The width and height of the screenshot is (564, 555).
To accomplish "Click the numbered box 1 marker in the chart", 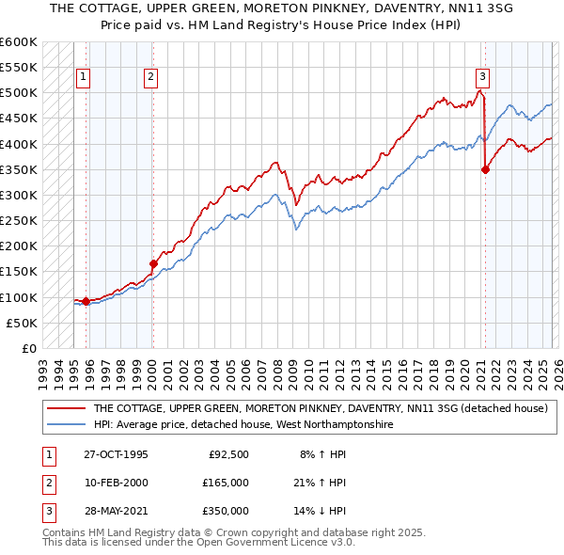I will click(84, 78).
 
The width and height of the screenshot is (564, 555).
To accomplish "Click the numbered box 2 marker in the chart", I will click(150, 78).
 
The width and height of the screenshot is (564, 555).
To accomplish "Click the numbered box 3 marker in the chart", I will click(482, 78).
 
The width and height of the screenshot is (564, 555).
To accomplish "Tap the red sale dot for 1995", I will click(86, 301).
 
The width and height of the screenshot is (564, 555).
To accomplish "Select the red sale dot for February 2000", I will click(152, 264).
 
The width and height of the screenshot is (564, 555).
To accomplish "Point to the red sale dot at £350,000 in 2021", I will click(486, 170).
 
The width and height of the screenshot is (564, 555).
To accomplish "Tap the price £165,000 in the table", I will click(226, 483).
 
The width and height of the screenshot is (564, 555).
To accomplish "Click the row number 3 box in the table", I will click(46, 511).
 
